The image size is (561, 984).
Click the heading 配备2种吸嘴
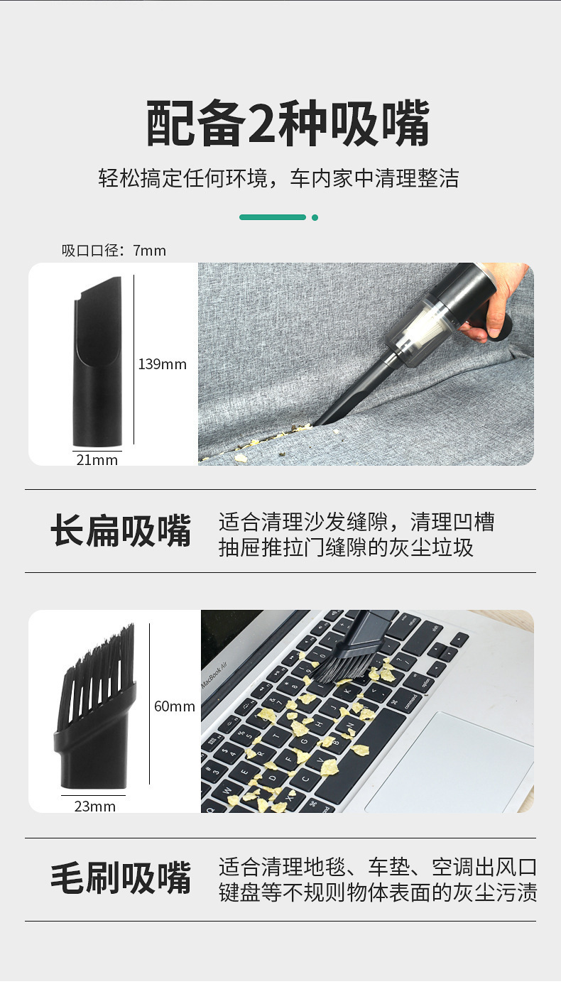click(x=288, y=124)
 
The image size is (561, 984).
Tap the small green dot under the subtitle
click(x=315, y=217)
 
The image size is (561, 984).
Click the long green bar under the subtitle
click(x=273, y=217)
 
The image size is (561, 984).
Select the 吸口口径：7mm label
click(x=114, y=251)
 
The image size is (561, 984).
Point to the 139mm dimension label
click(x=162, y=364)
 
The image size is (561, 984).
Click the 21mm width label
click(x=97, y=460)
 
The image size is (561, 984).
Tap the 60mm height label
click(x=174, y=706)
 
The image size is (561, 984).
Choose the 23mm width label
click(x=95, y=807)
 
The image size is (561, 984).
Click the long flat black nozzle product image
click(x=98, y=362)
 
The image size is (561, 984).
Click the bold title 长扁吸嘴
click(x=121, y=531)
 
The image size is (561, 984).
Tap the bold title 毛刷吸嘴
click(x=121, y=878)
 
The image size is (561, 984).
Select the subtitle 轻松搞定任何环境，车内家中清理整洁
click(x=278, y=179)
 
